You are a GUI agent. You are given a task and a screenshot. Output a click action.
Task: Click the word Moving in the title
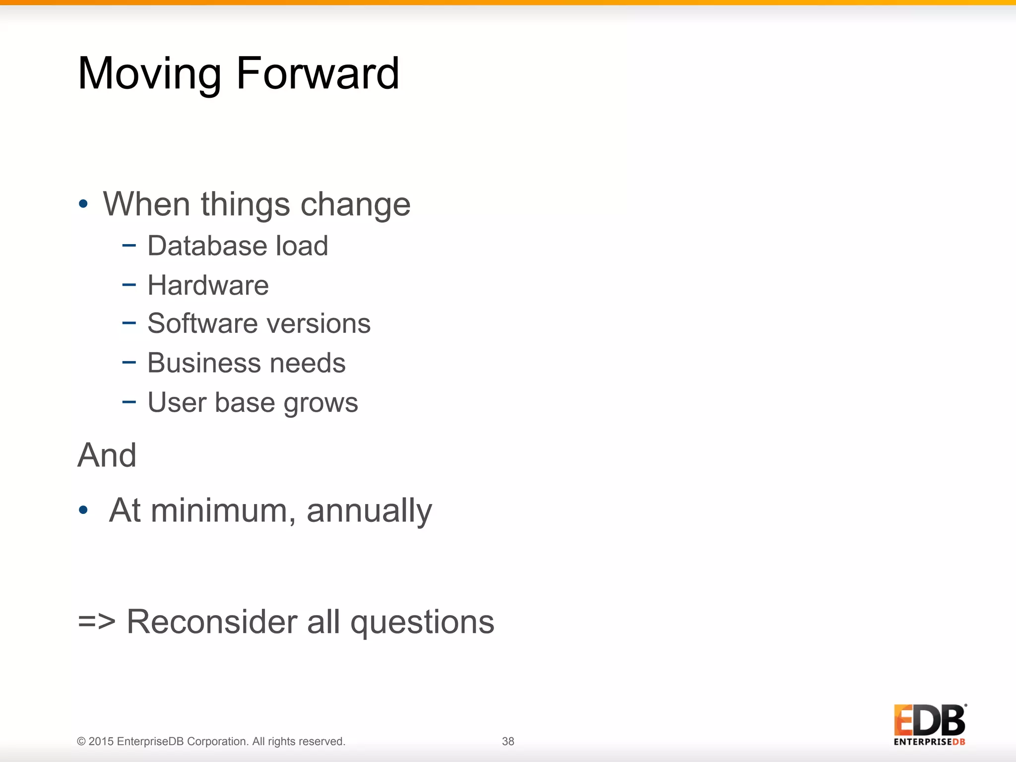click(x=149, y=74)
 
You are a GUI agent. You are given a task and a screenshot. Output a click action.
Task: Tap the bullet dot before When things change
click(x=83, y=203)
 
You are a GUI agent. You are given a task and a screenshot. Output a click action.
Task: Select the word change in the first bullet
click(x=355, y=204)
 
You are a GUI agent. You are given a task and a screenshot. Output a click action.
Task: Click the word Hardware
click(x=208, y=285)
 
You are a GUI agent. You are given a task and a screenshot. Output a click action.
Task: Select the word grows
click(x=320, y=403)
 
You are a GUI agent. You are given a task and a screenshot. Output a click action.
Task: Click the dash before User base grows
click(x=129, y=401)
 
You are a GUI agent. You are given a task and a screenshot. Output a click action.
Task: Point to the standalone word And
click(x=107, y=455)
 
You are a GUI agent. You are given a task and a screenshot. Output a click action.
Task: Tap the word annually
click(x=369, y=511)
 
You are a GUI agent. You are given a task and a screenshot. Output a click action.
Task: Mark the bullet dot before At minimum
click(x=83, y=510)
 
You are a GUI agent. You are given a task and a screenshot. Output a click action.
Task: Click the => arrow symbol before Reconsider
click(x=97, y=622)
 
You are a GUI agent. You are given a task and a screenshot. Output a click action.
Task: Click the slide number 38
click(x=508, y=741)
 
